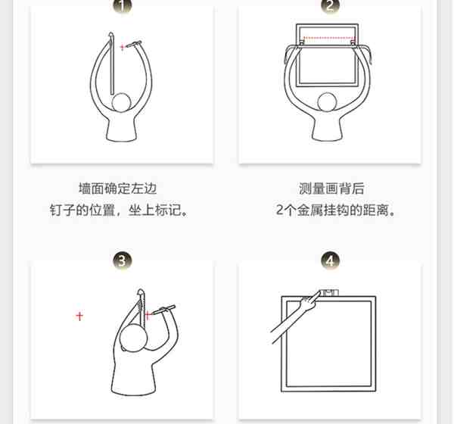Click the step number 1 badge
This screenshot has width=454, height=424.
tap(122, 5)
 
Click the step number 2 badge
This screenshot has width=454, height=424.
tap(330, 5)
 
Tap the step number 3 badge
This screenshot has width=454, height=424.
tap(122, 260)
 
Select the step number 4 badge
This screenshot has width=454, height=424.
tap(330, 260)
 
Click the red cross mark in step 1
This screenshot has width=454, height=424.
tap(123, 47)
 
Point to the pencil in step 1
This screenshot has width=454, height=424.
tap(133, 44)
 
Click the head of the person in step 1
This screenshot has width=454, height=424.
tap(121, 103)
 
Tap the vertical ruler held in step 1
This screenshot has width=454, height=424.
tap(111, 63)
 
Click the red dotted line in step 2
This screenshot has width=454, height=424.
tap(328, 38)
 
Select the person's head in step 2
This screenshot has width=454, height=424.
tap(327, 101)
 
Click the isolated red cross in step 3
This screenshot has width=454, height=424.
tap(79, 316)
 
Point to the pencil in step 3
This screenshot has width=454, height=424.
tap(163, 310)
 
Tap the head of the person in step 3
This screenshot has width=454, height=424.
tap(133, 338)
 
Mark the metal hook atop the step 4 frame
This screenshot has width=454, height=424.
tap(328, 292)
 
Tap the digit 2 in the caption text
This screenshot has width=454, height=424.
tap(279, 210)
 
